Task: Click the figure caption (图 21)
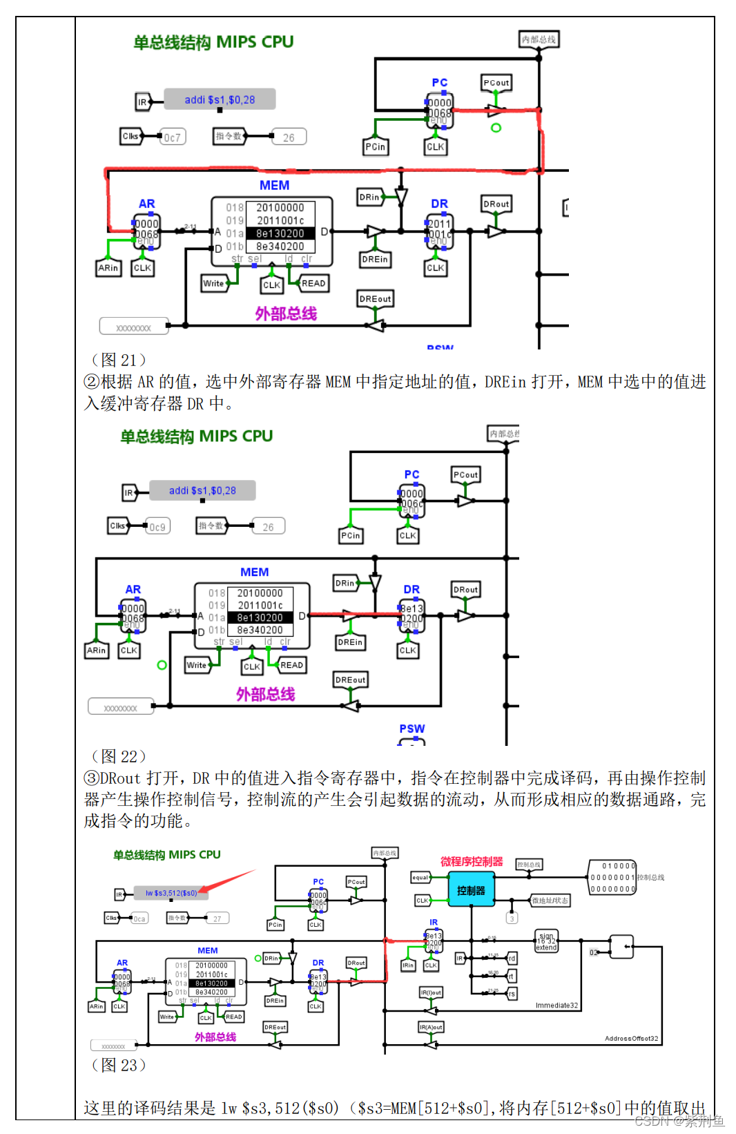pyautogui.click(x=119, y=360)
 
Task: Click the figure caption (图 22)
pyautogui.click(x=119, y=756)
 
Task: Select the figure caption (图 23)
pyautogui.click(x=119, y=1065)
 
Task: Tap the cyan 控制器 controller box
pyautogui.click(x=471, y=890)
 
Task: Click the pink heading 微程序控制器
pyautogui.click(x=472, y=861)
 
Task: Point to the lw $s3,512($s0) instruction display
pyautogui.click(x=171, y=893)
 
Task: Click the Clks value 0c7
pyautogui.click(x=172, y=137)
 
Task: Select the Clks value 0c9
pyautogui.click(x=157, y=527)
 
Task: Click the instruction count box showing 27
pyautogui.click(x=217, y=919)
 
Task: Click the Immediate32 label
pyautogui.click(x=556, y=1005)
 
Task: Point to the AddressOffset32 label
pyautogui.click(x=631, y=1038)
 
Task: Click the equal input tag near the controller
pyautogui.click(x=420, y=878)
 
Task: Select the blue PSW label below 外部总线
pyautogui.click(x=412, y=729)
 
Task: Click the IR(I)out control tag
pyautogui.click(x=431, y=992)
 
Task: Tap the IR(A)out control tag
pyautogui.click(x=431, y=1027)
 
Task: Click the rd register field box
pyautogui.click(x=512, y=959)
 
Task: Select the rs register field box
pyautogui.click(x=512, y=994)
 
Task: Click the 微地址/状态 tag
pyautogui.click(x=550, y=901)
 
